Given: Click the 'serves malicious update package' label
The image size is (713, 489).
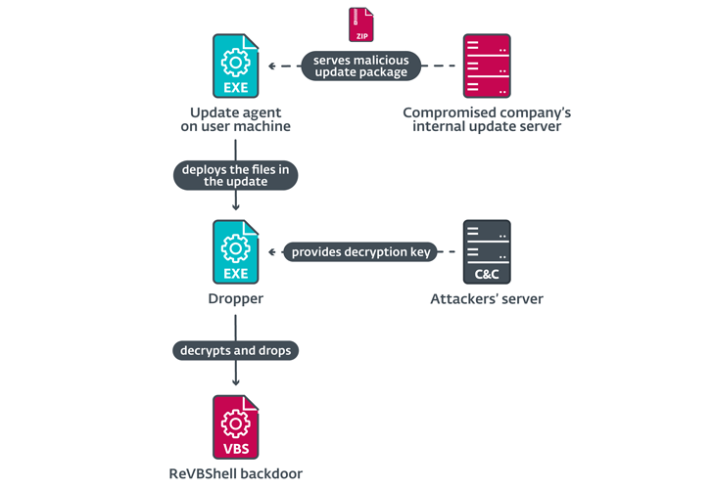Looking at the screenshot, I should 360,66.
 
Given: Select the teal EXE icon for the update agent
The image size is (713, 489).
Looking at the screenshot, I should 236,66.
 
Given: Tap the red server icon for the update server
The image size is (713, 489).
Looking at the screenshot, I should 487,66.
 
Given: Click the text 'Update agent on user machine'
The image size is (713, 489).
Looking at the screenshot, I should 235,119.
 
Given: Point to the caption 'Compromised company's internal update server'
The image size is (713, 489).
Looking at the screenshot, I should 487,119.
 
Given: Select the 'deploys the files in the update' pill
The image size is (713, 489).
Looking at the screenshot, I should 235,174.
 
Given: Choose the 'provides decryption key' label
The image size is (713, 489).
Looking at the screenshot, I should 360,252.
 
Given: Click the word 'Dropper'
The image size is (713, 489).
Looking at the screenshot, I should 235,298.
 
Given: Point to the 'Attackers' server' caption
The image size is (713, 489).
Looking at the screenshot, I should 487,298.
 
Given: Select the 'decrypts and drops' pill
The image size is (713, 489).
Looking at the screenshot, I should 235,349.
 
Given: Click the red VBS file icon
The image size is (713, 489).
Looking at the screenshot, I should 236,427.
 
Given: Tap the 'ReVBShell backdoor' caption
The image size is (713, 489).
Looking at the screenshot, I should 235,473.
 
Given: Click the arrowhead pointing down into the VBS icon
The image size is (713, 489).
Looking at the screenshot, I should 236,384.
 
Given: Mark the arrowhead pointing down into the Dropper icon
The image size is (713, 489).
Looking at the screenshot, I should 236,207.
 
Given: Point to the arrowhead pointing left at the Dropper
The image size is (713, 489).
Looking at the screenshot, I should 271,252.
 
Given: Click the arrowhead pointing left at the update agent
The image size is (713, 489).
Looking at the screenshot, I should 271,66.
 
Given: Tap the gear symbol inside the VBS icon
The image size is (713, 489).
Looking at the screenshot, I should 235,422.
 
